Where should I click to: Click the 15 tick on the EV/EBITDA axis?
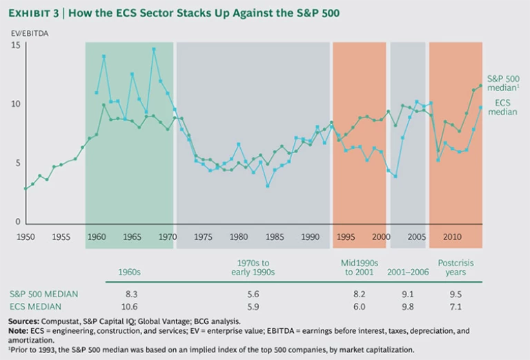16,46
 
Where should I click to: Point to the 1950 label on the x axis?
25,237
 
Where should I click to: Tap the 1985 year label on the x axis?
274,237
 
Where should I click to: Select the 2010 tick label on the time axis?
452,237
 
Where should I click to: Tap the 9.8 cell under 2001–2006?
407,306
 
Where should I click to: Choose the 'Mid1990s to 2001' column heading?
358,267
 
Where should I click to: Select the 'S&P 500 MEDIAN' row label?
43,294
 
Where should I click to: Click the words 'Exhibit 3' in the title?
39,13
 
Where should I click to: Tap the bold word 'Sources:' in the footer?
25,321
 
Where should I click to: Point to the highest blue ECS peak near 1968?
154,49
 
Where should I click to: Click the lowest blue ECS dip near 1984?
267,186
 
